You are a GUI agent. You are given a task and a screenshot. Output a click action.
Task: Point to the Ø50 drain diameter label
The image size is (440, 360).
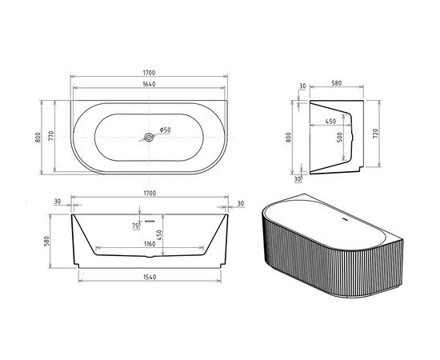[163, 130]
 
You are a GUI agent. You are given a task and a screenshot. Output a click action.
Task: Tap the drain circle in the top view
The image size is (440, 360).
[149, 137]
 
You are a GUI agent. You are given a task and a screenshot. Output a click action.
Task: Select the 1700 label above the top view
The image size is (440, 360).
[149, 73]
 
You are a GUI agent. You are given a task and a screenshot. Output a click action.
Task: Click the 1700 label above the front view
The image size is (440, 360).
[149, 193]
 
